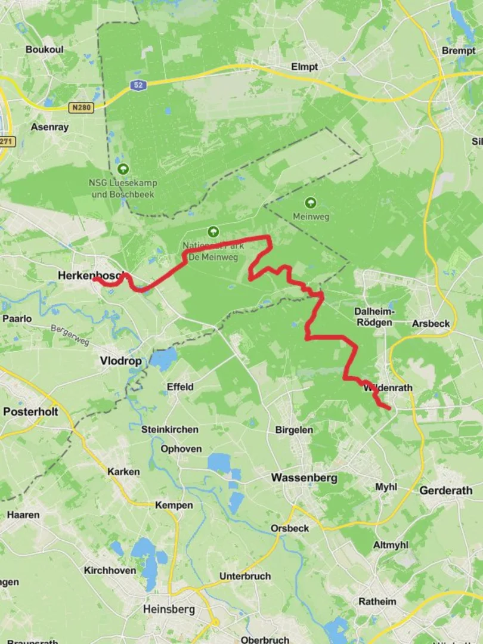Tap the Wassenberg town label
(x=304, y=478)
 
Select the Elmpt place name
(x=305, y=67)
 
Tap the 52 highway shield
(x=138, y=86)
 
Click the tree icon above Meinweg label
(x=310, y=203)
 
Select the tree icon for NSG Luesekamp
(x=123, y=169)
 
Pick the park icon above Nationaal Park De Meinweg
(x=213, y=231)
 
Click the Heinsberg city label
(x=169, y=609)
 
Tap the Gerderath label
(x=446, y=491)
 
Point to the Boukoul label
(x=44, y=49)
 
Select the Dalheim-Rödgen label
(x=373, y=317)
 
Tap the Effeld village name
(x=180, y=386)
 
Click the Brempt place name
(x=459, y=51)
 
